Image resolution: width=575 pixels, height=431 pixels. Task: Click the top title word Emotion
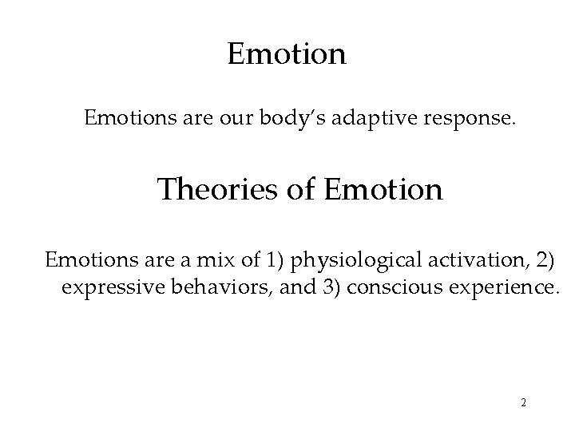[x=287, y=54]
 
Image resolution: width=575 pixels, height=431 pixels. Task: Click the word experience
[x=497, y=288]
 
